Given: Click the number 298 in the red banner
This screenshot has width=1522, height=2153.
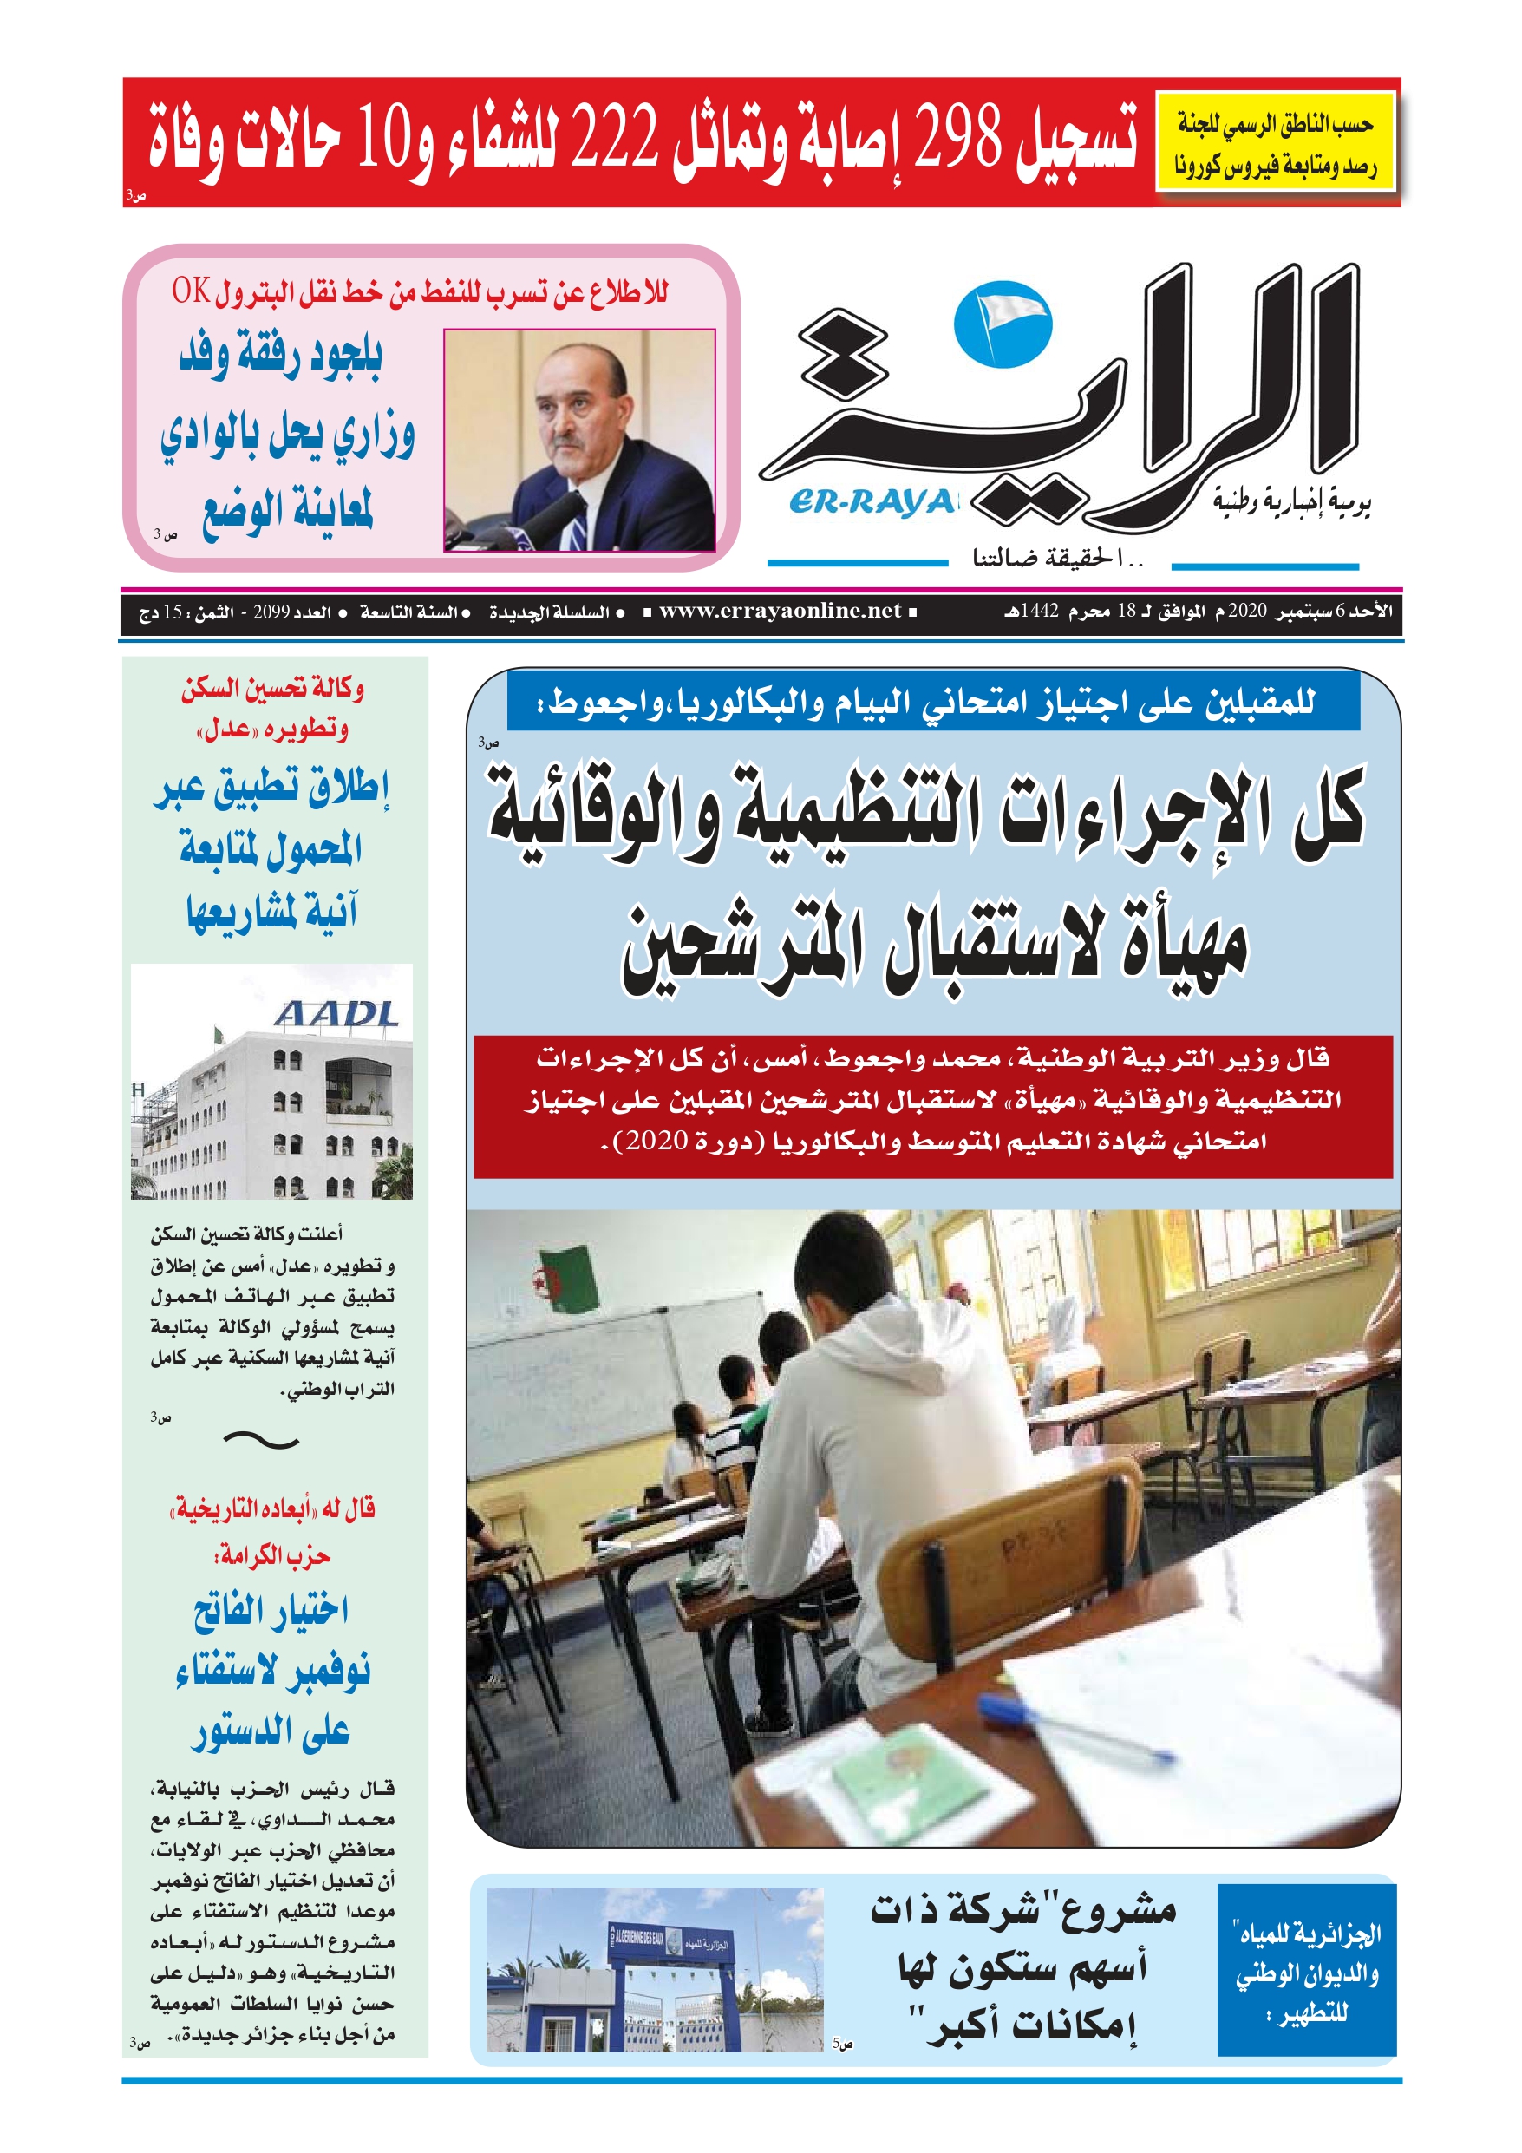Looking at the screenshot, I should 957,138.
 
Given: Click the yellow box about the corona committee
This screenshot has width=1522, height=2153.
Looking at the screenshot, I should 1276,141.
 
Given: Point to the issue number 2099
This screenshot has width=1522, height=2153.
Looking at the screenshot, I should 271,612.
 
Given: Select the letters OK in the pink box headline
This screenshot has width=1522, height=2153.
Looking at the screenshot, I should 191,292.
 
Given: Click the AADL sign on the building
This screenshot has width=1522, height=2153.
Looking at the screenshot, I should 336,1014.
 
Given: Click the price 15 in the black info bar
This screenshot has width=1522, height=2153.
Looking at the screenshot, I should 173,612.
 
